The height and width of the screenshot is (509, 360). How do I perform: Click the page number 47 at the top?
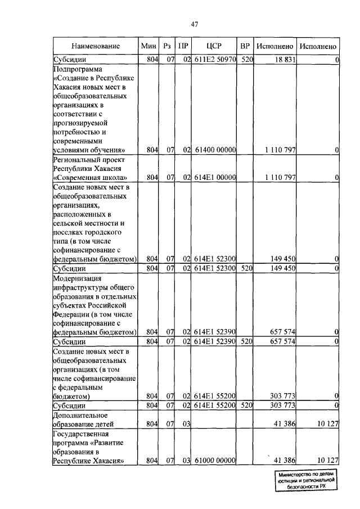coord(195,24)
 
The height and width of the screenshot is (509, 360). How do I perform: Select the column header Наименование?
coord(96,46)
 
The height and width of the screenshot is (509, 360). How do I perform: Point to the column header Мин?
coord(149,46)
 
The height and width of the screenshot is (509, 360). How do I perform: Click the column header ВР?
coord(244,46)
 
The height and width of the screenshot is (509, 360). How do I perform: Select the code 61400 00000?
coord(215,150)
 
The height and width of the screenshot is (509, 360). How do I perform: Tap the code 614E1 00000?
coord(215,178)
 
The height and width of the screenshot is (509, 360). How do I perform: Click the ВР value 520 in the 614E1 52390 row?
coord(244,341)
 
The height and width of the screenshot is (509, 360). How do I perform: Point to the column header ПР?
coord(183,46)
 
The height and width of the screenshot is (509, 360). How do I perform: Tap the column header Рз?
coord(166,46)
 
